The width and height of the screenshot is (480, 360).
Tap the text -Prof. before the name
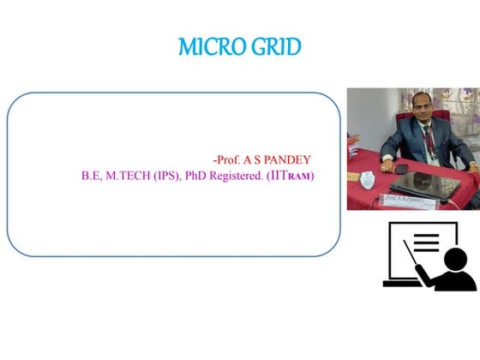tap(227, 159)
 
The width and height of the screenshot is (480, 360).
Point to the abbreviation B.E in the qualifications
tap(90, 176)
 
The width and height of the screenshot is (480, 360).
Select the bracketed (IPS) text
tap(171, 176)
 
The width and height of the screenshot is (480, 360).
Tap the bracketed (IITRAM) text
tap(291, 176)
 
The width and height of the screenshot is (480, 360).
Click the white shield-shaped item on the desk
tap(368, 181)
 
